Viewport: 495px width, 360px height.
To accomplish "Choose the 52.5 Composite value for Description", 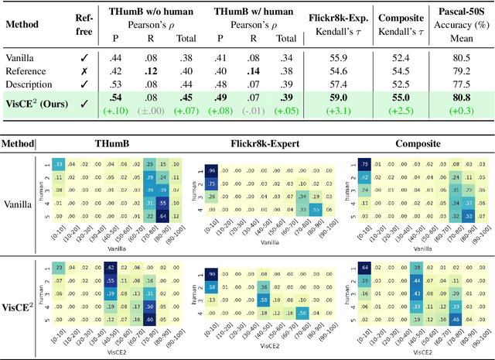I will [401, 84].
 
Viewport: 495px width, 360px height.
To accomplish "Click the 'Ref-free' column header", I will [84, 23].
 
